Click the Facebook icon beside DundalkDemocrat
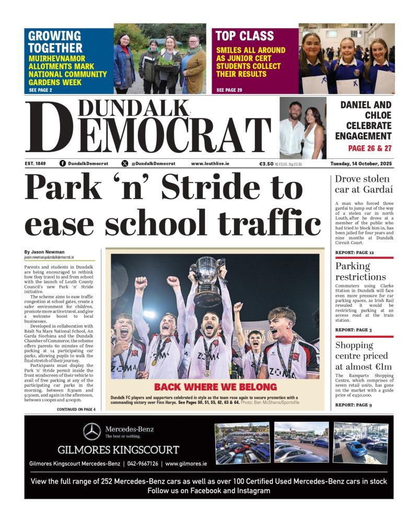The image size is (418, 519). (63, 164)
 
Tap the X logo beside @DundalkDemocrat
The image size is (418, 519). (124, 164)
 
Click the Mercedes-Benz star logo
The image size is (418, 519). (92, 431)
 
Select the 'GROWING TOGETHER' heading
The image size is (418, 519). (54, 42)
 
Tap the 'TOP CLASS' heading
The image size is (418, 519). (245, 36)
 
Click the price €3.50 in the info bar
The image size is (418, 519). (266, 164)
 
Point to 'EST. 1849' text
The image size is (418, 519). (35, 164)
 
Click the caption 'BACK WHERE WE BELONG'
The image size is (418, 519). (215, 387)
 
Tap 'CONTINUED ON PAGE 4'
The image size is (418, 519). (76, 409)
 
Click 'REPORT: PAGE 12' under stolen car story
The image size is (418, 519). (354, 252)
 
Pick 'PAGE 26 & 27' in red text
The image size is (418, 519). (369, 148)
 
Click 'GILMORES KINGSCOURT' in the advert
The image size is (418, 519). (118, 449)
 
